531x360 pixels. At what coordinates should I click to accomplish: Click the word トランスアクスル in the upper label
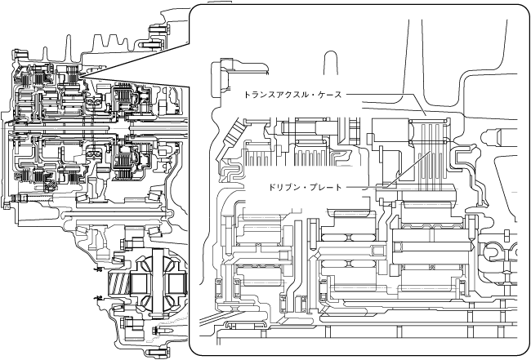tap(274, 94)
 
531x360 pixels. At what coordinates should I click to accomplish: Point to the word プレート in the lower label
tap(326, 187)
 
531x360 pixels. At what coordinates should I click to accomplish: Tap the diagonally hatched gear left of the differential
tap(119, 286)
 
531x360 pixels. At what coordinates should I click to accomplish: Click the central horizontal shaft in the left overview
tap(82, 131)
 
